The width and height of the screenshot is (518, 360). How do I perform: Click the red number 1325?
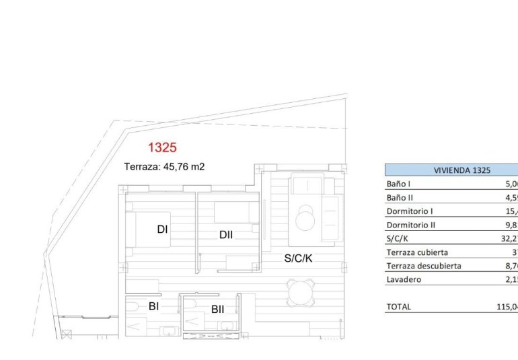tap(162, 147)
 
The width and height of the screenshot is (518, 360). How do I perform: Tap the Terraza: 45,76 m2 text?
tap(164, 167)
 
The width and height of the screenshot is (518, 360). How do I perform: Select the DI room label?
tap(162, 229)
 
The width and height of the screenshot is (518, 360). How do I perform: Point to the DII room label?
tap(225, 234)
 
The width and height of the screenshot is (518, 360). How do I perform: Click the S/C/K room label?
tap(298, 257)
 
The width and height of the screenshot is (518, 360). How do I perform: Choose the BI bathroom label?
tap(154, 306)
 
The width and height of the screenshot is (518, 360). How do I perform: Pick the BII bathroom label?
tap(218, 310)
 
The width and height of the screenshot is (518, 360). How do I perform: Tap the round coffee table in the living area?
tap(307, 217)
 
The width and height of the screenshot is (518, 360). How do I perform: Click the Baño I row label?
tap(399, 184)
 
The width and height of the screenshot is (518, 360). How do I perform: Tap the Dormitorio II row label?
tap(410, 225)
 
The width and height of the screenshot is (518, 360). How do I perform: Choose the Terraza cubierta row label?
tap(417, 252)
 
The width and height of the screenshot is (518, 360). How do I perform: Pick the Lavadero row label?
tap(404, 279)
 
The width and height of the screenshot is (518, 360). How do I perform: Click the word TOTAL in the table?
tap(398, 307)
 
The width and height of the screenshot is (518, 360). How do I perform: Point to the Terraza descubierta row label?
tap(424, 266)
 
